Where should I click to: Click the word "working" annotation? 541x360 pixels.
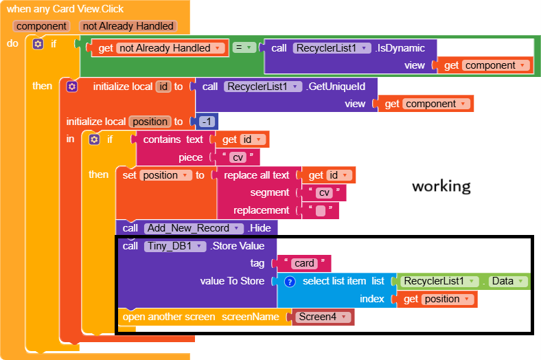coord(441,186)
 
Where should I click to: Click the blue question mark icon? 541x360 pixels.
coord(290,281)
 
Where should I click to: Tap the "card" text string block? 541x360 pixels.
coord(303,263)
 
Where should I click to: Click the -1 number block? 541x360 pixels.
coord(207,122)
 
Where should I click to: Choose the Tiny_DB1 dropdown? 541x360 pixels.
coord(174,246)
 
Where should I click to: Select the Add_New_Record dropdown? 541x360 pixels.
coord(194,228)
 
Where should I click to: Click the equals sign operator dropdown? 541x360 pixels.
coord(244,48)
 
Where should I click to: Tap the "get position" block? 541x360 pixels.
coord(436,300)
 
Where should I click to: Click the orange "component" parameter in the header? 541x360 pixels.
coord(41,26)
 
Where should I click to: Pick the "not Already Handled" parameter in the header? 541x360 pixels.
coord(128,26)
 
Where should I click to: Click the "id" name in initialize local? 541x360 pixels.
coord(163,87)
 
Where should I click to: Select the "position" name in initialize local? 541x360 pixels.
coord(149,122)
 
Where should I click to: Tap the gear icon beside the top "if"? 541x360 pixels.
coord(38,43)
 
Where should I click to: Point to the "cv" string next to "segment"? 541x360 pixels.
coord(325,193)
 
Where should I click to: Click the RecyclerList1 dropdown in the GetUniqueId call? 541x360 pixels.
coord(263,87)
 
